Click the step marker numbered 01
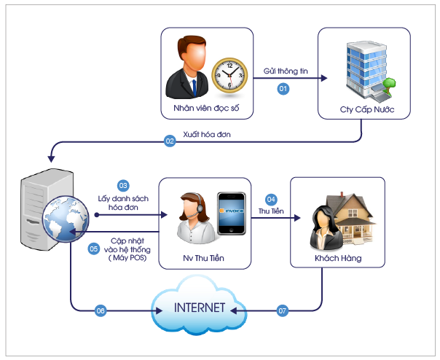284,88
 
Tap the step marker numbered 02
170,141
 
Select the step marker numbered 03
123,185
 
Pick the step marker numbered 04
271,198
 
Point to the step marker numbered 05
93,249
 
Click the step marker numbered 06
101,311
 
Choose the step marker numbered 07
282,311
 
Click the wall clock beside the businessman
229,74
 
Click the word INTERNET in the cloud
198,306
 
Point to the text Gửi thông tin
286,72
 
